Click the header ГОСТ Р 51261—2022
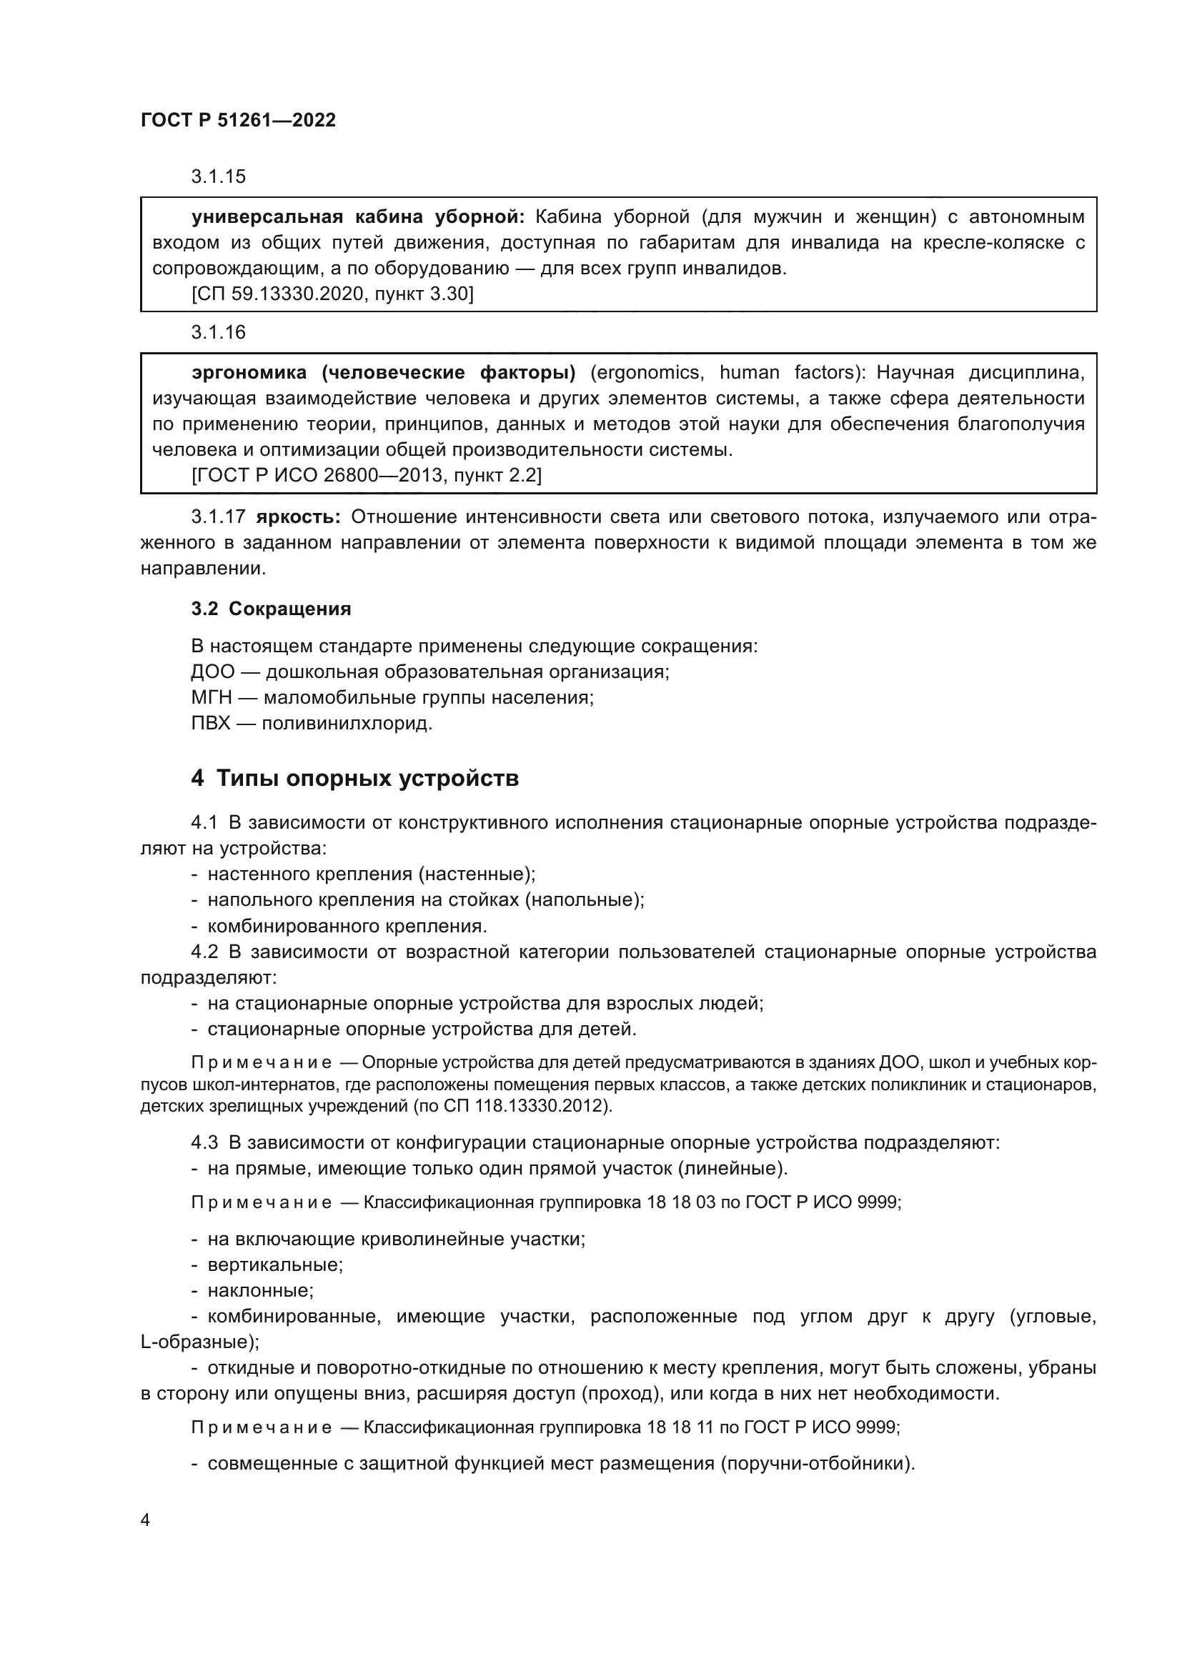[x=238, y=120]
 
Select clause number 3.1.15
[x=219, y=176]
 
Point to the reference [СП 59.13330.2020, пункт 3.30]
[x=332, y=294]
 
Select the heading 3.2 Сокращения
[x=271, y=609]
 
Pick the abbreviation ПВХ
[x=210, y=724]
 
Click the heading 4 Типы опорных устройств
[x=354, y=778]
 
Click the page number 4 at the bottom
[x=145, y=1520]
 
